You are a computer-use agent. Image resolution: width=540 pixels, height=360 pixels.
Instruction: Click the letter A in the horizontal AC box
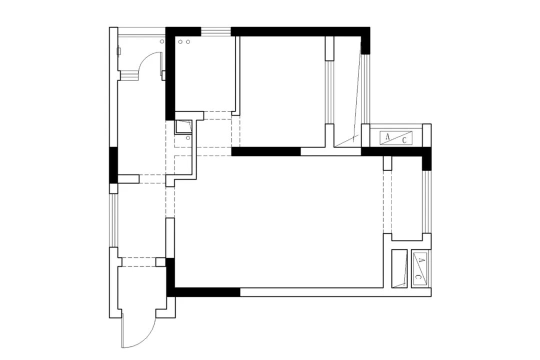pyautogui.click(x=387, y=137)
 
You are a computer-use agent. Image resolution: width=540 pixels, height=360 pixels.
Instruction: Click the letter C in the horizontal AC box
pyautogui.click(x=404, y=140)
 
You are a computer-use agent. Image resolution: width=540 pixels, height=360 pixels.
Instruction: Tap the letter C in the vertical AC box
pyautogui.click(x=417, y=276)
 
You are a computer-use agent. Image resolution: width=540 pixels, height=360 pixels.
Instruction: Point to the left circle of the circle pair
pyautogui.click(x=180, y=41)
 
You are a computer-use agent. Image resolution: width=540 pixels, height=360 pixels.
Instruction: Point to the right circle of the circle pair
pyautogui.click(x=187, y=41)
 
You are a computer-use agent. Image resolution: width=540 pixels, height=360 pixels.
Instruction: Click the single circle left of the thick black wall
pyautogui.click(x=162, y=41)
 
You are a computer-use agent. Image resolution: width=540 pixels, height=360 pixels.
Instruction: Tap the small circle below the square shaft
pyautogui.click(x=187, y=138)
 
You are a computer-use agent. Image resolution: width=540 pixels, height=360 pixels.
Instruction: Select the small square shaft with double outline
pyautogui.click(x=183, y=126)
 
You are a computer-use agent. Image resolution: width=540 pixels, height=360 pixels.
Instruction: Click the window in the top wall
pyautogui.click(x=216, y=31)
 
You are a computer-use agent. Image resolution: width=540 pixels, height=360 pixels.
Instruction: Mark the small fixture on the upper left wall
pyautogui.click(x=119, y=51)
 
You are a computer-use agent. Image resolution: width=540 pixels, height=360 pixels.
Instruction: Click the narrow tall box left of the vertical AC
pyautogui.click(x=400, y=268)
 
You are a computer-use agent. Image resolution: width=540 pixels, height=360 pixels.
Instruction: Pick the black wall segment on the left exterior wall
pyautogui.click(x=113, y=165)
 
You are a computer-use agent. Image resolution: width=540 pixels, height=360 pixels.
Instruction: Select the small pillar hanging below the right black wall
pyautogui.click(x=387, y=163)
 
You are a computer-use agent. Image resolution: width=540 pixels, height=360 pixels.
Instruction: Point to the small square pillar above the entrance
pyautogui.click(x=160, y=262)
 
